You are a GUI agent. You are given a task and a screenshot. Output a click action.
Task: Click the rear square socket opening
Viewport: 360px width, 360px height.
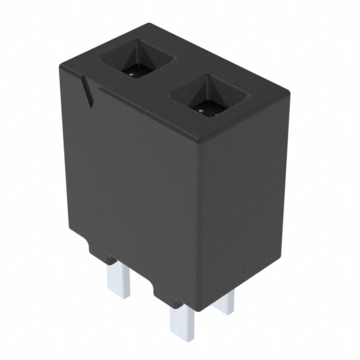[134, 62]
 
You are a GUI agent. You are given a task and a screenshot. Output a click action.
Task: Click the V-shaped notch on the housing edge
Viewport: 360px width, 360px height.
[87, 90]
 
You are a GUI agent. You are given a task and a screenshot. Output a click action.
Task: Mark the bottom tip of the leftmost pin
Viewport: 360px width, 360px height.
[120, 296]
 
